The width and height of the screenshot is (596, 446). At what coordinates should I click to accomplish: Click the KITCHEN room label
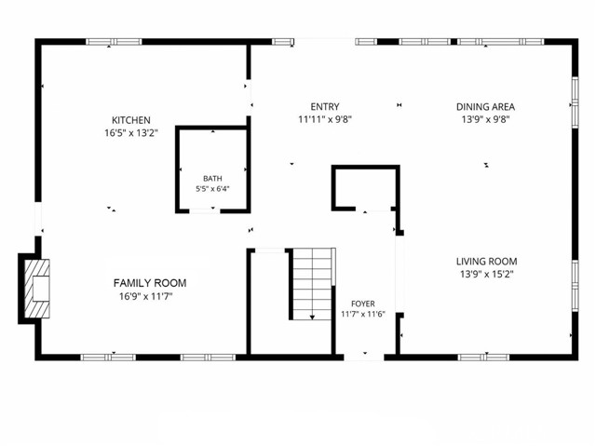pyautogui.click(x=131, y=120)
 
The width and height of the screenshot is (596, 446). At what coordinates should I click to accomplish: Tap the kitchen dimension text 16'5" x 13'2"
pyautogui.click(x=131, y=133)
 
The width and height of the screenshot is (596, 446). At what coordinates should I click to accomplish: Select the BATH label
pyautogui.click(x=212, y=179)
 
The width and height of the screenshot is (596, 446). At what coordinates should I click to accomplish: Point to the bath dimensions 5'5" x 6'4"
pyautogui.click(x=212, y=189)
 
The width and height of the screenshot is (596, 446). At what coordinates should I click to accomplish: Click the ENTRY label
pyautogui.click(x=325, y=107)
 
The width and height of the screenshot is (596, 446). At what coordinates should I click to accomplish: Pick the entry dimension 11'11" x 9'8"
pyautogui.click(x=325, y=120)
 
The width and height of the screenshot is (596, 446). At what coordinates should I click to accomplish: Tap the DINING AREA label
pyautogui.click(x=485, y=107)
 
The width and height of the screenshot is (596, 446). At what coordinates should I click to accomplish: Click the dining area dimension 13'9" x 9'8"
pyautogui.click(x=485, y=120)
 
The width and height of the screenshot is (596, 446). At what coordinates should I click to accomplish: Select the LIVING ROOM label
pyautogui.click(x=486, y=262)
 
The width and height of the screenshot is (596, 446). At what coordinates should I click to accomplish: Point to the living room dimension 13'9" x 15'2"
pyautogui.click(x=486, y=275)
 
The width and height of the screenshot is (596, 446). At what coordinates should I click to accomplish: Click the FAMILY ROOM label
pyautogui.click(x=150, y=283)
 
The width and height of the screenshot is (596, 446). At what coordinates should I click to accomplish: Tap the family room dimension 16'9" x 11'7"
pyautogui.click(x=146, y=296)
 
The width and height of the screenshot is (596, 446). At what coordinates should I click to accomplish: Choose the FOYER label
pyautogui.click(x=363, y=304)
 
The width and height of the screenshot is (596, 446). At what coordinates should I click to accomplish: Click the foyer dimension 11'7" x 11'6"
pyautogui.click(x=363, y=314)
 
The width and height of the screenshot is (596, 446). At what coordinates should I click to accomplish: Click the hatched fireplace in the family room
pyautogui.click(x=37, y=289)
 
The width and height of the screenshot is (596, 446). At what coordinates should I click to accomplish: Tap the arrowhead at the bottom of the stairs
pyautogui.click(x=312, y=318)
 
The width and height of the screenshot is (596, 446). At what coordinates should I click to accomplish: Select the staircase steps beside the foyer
pyautogui.click(x=312, y=284)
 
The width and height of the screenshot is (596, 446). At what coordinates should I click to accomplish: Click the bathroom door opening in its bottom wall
pyautogui.click(x=205, y=210)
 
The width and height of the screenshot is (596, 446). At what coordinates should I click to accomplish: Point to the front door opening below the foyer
pyautogui.click(x=364, y=358)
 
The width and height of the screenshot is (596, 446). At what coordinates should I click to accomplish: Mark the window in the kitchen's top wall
pyautogui.click(x=114, y=41)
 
